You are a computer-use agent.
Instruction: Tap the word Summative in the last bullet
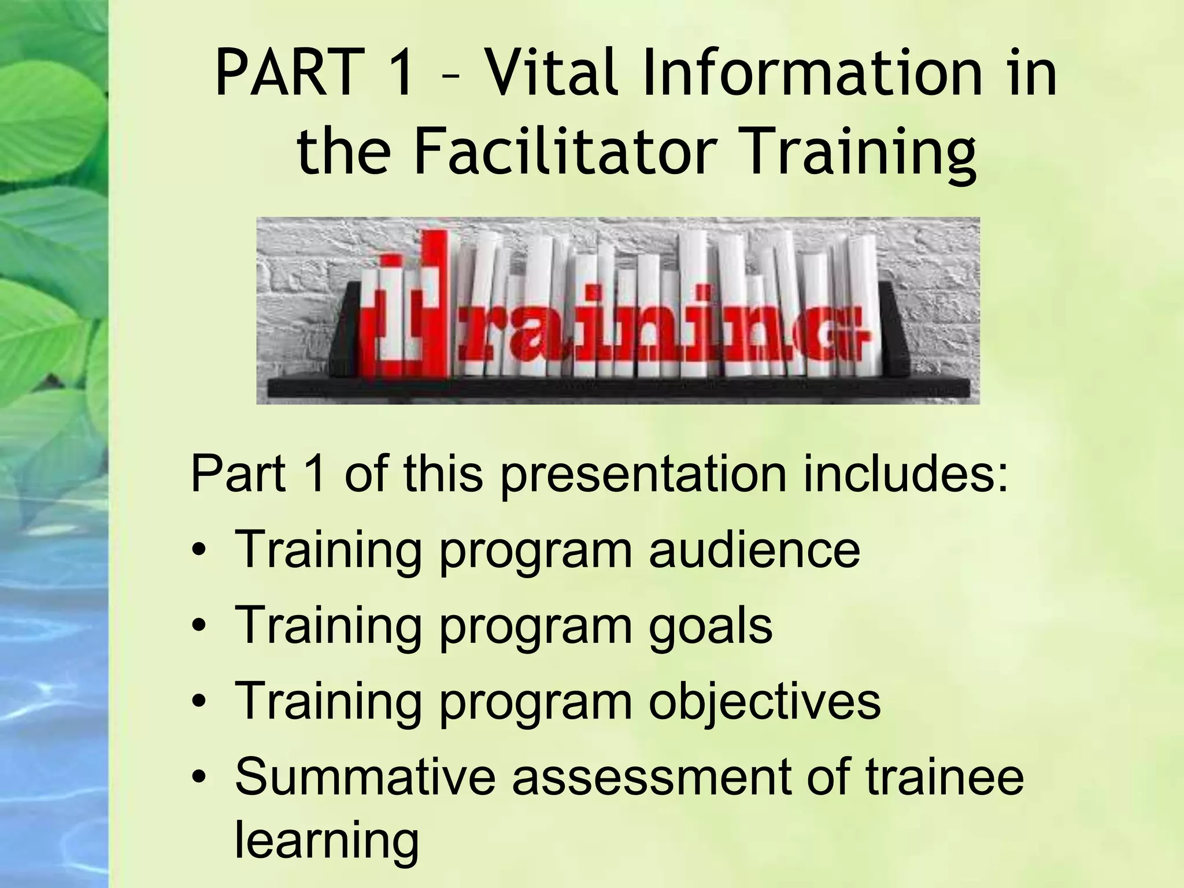pyautogui.click(x=364, y=778)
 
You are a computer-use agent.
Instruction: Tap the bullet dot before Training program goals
pyautogui.click(x=199, y=627)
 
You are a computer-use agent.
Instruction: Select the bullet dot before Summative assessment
pyautogui.click(x=199, y=780)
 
